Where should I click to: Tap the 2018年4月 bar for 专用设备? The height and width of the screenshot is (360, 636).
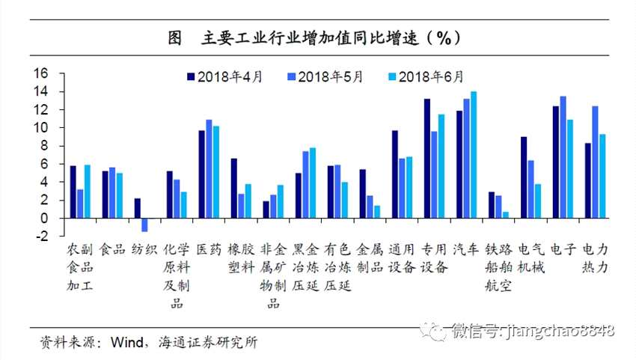click(x=427, y=158)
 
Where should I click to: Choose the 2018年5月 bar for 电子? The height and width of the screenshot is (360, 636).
click(x=563, y=156)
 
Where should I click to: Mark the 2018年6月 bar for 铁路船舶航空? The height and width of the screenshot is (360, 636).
click(x=506, y=215)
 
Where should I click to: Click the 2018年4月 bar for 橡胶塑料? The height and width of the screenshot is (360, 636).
click(x=233, y=188)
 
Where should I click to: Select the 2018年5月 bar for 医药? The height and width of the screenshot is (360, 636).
click(x=209, y=168)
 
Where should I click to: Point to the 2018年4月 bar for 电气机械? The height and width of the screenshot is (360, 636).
click(x=524, y=177)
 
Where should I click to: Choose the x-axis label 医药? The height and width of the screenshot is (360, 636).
click(x=208, y=249)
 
